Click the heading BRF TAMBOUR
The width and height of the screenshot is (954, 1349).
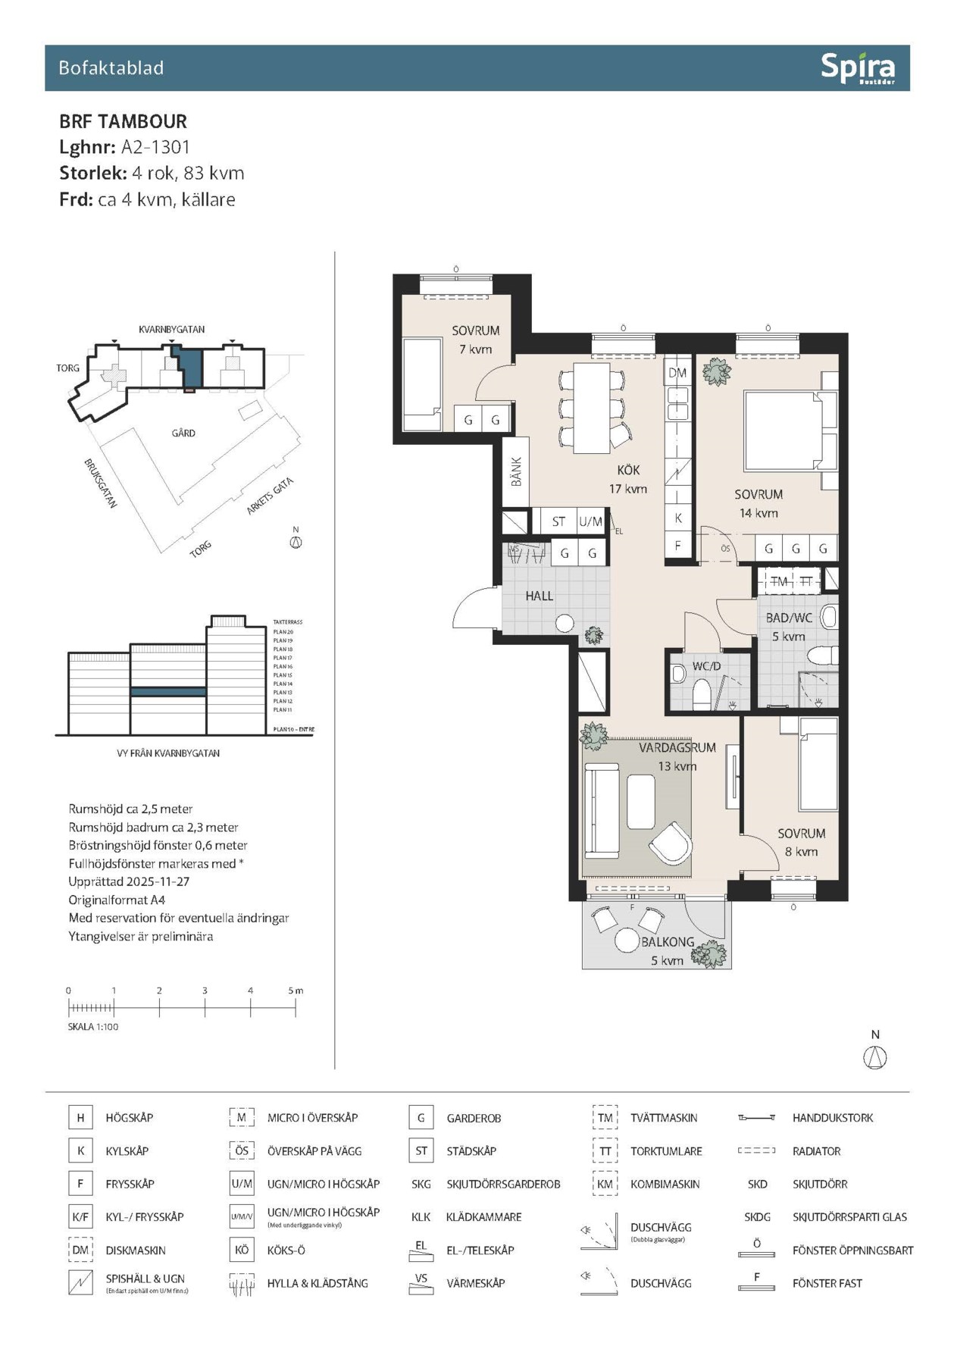coord(123,121)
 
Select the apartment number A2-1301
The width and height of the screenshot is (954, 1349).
coord(155,147)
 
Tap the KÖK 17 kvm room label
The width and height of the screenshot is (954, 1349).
coord(628,479)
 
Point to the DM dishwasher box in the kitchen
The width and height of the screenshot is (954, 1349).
coord(677,372)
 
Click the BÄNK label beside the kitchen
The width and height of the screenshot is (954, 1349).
coord(516,471)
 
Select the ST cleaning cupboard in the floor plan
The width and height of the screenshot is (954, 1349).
coord(558,521)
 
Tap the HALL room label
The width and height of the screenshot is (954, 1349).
coord(539,596)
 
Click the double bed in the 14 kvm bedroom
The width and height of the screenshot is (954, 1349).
coord(782,430)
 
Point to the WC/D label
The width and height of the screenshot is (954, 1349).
coord(706,666)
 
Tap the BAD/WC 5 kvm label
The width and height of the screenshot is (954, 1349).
coord(789,627)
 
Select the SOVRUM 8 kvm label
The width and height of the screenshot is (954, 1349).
coord(801,842)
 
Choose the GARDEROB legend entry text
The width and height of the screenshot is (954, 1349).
coord(474,1119)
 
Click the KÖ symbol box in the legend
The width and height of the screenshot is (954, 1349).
coord(241,1250)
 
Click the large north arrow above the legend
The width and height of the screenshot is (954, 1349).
coord(875,1056)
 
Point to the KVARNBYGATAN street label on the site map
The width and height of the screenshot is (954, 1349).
coord(171,330)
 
